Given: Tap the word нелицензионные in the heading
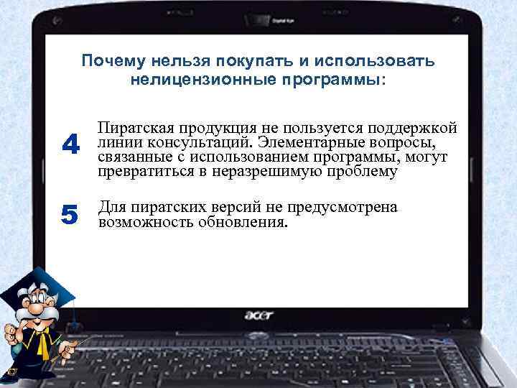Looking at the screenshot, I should (x=191, y=78).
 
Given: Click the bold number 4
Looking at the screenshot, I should (x=70, y=146).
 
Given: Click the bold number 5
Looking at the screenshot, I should (x=70, y=214).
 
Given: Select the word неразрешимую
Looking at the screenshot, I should (x=276, y=172).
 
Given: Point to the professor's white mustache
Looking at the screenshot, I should (x=29, y=320).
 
